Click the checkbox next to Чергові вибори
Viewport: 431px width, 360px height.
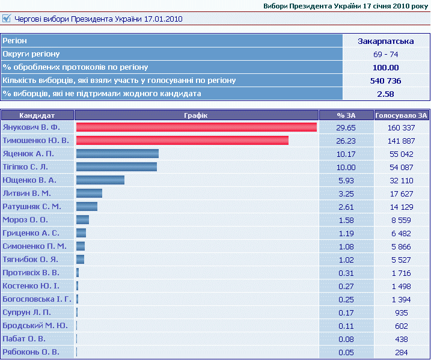(7, 19)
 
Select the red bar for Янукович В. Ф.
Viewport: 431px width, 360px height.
(196, 127)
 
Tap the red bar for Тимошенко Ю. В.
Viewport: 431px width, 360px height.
(182, 141)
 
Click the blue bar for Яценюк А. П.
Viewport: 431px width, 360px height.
(117, 154)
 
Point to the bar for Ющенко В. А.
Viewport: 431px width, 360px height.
(100, 180)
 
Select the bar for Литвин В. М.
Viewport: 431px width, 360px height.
(89, 194)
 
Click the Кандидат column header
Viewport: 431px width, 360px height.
(37, 115)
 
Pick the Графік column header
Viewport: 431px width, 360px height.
(197, 115)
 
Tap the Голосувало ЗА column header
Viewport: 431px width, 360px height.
(401, 115)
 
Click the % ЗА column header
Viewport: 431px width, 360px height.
(346, 115)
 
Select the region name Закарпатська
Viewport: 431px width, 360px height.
(385, 41)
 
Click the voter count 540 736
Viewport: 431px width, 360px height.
(385, 81)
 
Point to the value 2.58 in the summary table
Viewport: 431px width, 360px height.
(385, 94)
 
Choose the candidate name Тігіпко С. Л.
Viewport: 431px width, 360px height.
(25, 167)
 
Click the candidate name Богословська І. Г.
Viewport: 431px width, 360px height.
(37, 299)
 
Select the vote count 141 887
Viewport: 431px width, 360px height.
(401, 141)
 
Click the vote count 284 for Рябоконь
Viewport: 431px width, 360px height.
(401, 352)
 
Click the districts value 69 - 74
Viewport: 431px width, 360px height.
(385, 55)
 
